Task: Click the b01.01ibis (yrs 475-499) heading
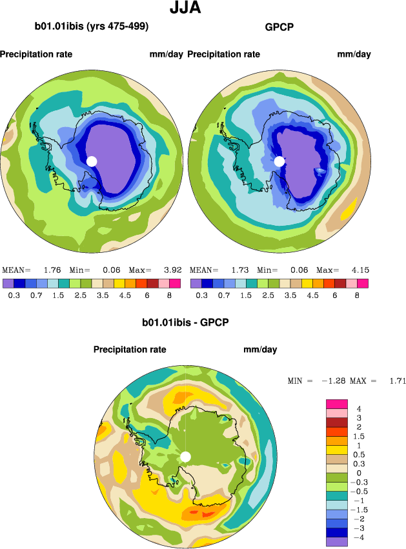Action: pos(92,27)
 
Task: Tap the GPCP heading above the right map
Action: pos(279,27)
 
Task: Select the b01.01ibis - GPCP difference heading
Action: pos(186,321)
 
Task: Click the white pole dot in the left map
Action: pos(92,161)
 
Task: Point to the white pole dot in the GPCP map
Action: pos(279,161)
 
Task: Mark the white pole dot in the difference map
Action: pos(186,457)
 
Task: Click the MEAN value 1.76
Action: pos(52,270)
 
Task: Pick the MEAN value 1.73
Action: pos(239,270)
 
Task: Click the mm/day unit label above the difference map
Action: pos(260,350)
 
